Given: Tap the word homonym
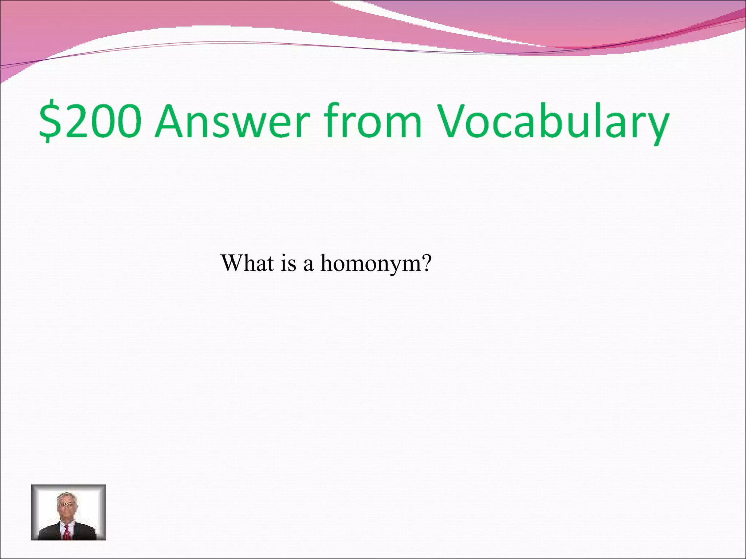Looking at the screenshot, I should pos(369,263).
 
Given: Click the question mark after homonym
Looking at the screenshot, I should pos(425,263).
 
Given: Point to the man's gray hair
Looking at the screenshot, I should pos(66,496).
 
